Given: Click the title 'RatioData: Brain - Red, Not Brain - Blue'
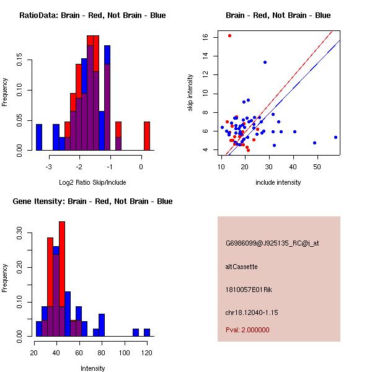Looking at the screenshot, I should coord(92,15).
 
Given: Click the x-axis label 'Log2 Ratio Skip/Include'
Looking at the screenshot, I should coord(92,182).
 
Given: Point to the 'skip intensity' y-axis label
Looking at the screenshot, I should coord(192,92).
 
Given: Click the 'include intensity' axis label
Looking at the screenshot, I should coord(278,182).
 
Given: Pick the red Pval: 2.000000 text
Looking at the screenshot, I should coord(247,330).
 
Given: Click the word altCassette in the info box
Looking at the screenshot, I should coord(241,267).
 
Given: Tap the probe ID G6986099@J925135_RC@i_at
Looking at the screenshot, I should coord(272,243).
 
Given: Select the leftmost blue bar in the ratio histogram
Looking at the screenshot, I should coord(39,137).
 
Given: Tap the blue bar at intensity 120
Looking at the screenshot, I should coord(147,332).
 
